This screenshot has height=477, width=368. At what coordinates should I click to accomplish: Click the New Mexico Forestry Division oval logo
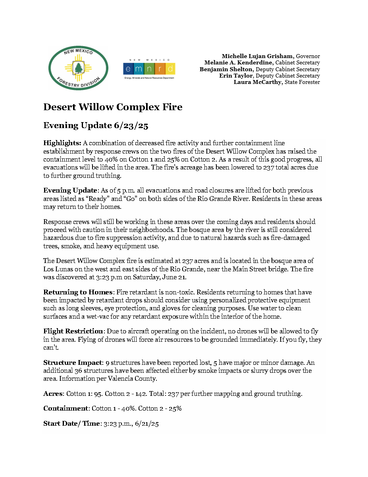(78, 68)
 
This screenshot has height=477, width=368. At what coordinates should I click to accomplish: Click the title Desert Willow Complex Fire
(113, 107)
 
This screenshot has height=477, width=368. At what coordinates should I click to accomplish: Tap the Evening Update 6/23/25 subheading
(96, 126)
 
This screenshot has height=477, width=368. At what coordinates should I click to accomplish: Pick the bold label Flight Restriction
(73, 331)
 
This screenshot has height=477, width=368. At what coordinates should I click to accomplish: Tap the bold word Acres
(52, 394)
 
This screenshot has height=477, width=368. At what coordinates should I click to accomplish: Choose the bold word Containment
(66, 409)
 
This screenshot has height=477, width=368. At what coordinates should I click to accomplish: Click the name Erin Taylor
(236, 76)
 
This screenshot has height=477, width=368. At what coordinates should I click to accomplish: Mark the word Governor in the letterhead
(308, 56)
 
